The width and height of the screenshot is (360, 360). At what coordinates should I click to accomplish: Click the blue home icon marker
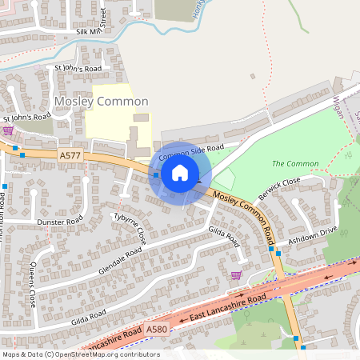(180, 172)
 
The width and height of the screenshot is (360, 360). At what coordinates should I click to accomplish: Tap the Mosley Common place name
(101, 102)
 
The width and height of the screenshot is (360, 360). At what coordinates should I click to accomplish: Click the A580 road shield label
(158, 330)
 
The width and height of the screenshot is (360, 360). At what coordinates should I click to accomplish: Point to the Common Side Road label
(191, 152)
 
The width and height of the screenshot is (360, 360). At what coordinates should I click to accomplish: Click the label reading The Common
(289, 163)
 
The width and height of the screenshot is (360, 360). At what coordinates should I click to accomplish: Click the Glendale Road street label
(120, 262)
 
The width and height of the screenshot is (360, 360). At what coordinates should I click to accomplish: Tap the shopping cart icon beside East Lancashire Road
(235, 275)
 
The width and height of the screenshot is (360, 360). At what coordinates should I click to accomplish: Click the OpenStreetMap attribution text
(80, 354)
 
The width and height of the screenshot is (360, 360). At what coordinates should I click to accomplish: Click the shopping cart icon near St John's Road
(8, 130)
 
